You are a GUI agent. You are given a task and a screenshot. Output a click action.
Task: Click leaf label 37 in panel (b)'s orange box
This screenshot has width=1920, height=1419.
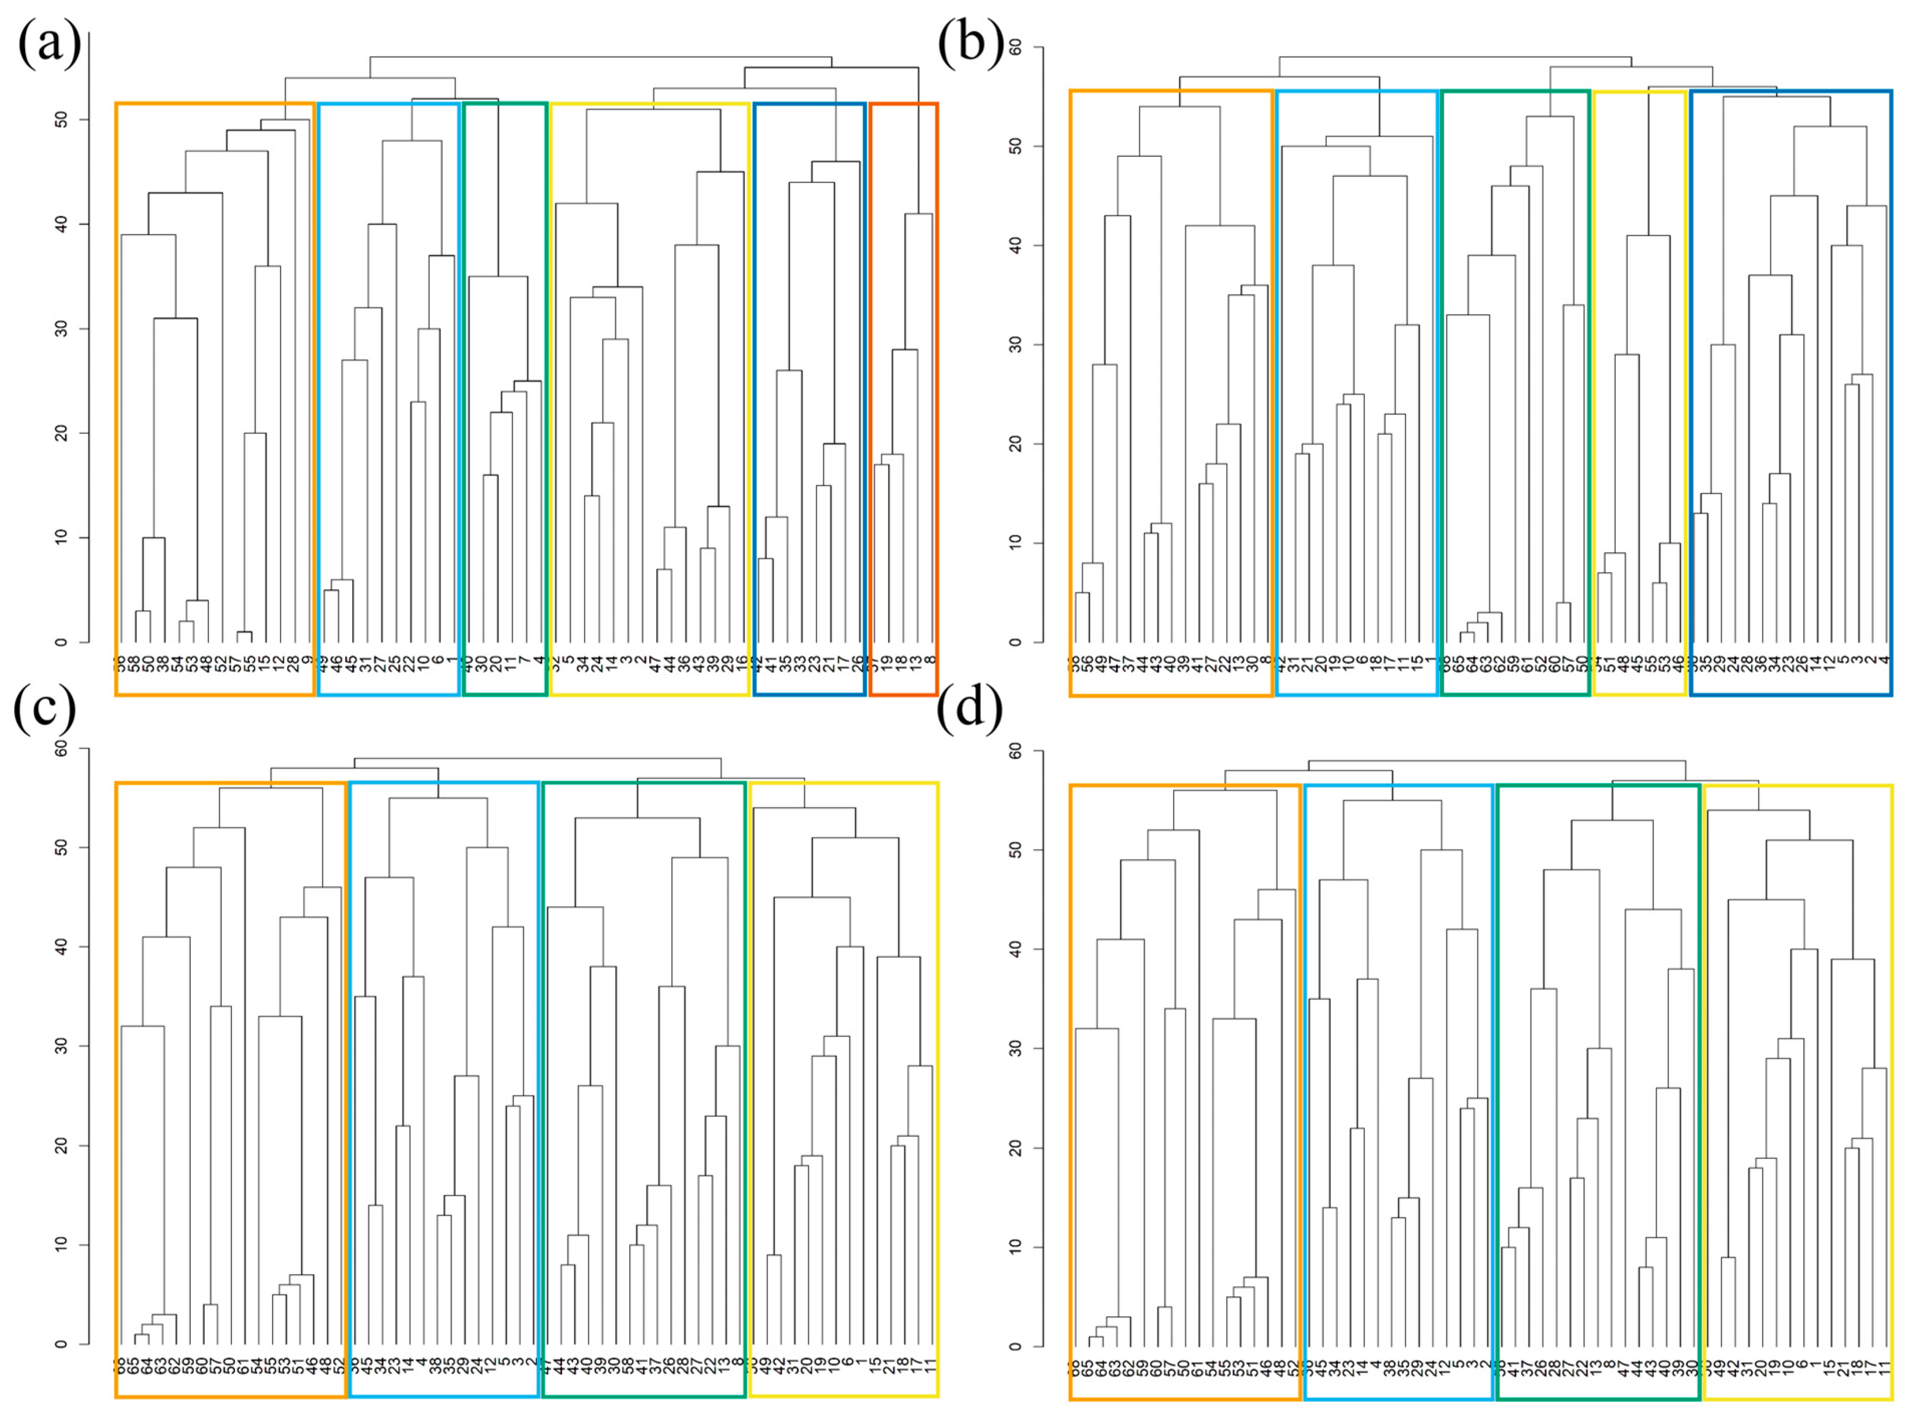(x=1130, y=666)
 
